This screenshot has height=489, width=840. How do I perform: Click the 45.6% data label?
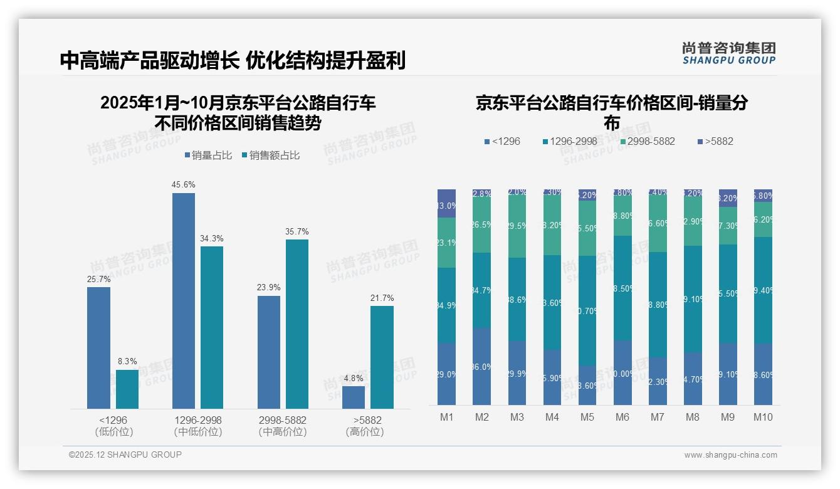tap(183, 184)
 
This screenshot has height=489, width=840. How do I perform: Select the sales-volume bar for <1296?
tap(98, 348)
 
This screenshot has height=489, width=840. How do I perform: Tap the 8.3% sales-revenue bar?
tap(127, 389)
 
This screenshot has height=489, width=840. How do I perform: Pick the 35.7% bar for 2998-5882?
tap(297, 324)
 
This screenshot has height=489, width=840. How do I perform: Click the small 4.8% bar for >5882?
tap(354, 397)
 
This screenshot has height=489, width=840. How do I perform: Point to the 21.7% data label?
tap(382, 298)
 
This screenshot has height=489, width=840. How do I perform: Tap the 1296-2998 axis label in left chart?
tap(197, 420)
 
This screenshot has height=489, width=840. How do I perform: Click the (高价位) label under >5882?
tap(365, 432)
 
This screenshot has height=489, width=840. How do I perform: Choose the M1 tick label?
tap(446, 417)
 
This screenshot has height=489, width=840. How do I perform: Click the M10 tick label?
tap(763, 417)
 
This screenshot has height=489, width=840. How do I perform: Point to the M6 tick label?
tap(622, 417)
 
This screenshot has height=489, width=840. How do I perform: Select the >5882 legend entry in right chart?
tap(715, 141)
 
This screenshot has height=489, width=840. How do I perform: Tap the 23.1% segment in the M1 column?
tap(446, 243)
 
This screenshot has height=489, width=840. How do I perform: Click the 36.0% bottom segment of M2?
tap(481, 367)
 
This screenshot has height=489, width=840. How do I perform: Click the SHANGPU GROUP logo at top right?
tap(728, 53)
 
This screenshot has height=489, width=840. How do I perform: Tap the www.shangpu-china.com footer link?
tap(730, 455)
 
